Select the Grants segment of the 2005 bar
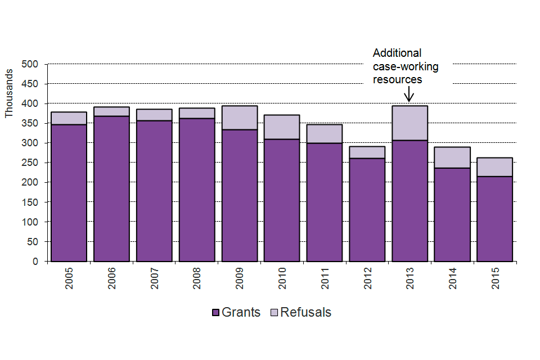click(x=69, y=192)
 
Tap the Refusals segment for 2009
click(x=240, y=118)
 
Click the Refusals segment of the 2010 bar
click(x=282, y=127)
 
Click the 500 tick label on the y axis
click(x=30, y=64)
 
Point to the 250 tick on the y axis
click(x=30, y=163)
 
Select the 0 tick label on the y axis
click(x=35, y=262)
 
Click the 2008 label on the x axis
click(x=197, y=278)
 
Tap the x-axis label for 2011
click(x=325, y=278)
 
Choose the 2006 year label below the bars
click(x=111, y=278)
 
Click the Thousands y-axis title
click(x=8, y=93)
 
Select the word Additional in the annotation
click(x=397, y=53)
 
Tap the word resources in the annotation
click(x=398, y=79)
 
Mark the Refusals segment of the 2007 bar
click(x=154, y=115)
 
